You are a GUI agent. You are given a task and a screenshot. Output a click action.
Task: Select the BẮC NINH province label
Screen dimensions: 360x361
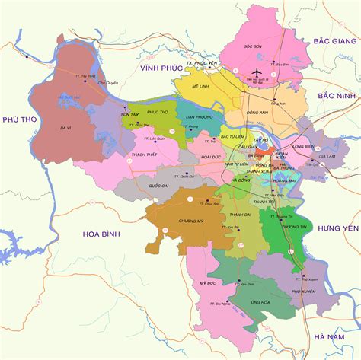[x=336, y=97]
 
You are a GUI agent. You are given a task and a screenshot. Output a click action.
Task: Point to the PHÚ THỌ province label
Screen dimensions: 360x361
[x=21, y=119]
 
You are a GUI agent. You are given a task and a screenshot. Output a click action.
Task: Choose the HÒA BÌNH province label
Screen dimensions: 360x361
[x=102, y=235]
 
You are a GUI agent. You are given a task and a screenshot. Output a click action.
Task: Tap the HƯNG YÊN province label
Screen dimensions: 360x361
[x=337, y=228]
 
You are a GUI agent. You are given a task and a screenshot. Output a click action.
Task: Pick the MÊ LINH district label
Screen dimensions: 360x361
[x=200, y=87]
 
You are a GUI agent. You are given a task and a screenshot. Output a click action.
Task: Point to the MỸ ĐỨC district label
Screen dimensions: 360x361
[x=208, y=283]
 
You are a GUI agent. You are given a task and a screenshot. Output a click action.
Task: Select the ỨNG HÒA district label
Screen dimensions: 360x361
[x=239, y=301]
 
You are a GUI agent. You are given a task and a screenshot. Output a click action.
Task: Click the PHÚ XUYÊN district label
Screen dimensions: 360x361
[x=302, y=291]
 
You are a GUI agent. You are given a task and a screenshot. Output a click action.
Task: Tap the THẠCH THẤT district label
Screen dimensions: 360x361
[x=143, y=155]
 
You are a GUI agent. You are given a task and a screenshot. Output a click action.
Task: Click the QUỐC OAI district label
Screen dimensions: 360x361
[x=158, y=185]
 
